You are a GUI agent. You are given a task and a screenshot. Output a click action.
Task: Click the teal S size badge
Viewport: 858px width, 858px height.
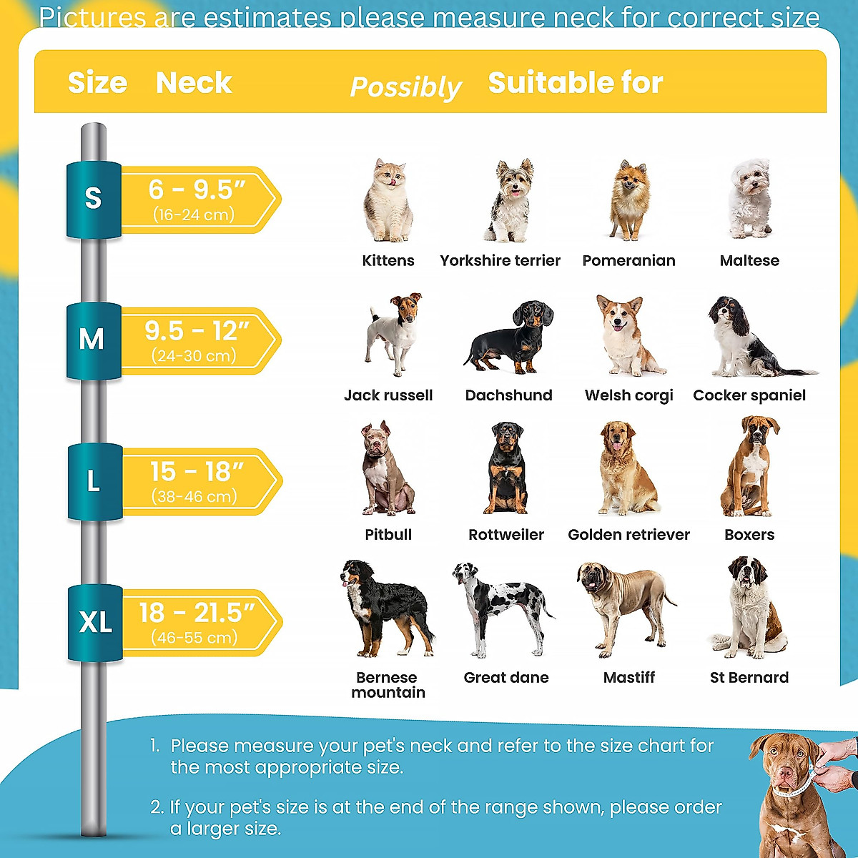click(x=94, y=199)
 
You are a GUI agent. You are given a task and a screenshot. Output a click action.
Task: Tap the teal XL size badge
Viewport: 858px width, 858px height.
click(x=96, y=622)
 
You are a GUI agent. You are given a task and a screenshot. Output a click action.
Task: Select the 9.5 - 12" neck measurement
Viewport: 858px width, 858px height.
click(x=197, y=331)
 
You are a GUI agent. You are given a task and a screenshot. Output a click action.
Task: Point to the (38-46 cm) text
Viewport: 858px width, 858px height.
click(x=194, y=496)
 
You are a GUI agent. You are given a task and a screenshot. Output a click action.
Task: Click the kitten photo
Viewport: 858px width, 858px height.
click(x=388, y=202)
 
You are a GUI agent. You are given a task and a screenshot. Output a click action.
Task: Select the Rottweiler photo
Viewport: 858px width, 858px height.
click(x=507, y=468)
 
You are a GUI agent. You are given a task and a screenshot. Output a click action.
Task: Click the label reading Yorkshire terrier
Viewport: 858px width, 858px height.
click(x=500, y=260)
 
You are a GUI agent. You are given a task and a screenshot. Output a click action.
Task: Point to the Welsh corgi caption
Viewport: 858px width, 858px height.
click(x=628, y=395)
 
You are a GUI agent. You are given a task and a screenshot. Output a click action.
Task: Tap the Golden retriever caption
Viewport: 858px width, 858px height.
click(x=628, y=535)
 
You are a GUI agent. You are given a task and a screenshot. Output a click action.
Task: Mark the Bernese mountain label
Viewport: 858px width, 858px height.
click(x=388, y=685)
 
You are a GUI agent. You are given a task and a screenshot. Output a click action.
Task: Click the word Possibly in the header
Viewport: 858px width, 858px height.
click(x=405, y=87)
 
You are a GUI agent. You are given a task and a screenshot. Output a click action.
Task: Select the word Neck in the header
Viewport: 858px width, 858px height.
click(x=194, y=83)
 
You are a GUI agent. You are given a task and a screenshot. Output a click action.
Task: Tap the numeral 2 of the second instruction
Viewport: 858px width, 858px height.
click(x=157, y=807)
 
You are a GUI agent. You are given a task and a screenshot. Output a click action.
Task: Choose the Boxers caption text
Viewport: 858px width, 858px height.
click(x=749, y=535)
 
